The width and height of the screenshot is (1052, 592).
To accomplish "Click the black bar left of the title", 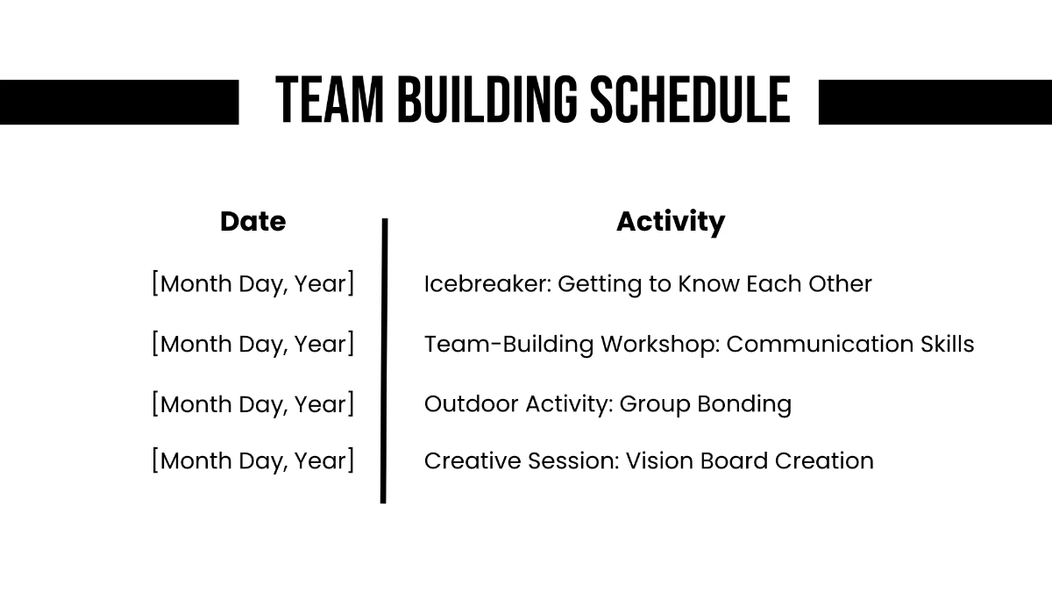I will point(118,102).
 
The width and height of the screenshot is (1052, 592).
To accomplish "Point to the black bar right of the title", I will point(935,102).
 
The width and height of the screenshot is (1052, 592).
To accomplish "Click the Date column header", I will point(252,222).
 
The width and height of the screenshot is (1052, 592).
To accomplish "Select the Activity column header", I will point(670,222).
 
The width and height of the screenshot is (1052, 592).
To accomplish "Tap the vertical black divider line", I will point(384,360).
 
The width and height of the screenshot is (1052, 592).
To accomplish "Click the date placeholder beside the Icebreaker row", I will point(252,284).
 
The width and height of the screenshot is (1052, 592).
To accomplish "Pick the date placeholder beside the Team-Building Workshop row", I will point(252,344).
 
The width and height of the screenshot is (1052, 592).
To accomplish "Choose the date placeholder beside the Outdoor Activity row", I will point(252,403).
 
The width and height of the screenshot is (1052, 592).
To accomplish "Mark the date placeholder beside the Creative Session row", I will point(252,460).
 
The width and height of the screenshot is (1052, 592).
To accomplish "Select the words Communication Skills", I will point(849,344).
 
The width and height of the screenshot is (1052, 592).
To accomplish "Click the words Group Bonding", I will point(705,403).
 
